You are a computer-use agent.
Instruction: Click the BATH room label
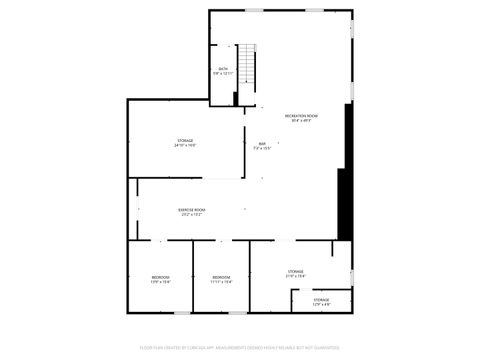222,68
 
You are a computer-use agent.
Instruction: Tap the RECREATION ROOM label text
301,117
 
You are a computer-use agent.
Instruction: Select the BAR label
262,144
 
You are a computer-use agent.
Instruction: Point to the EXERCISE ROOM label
191,209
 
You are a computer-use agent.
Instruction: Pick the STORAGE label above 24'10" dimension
185,140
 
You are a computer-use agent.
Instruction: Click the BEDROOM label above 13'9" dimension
161,277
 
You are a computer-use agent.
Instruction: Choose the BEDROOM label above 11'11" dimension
221,277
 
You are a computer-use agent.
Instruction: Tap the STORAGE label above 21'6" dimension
296,271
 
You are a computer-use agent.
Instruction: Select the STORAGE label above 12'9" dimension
321,299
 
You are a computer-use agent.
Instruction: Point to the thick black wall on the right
346,170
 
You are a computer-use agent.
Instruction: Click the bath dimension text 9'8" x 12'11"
222,73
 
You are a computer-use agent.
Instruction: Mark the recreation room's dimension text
301,122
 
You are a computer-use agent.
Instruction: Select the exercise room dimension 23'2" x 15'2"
191,214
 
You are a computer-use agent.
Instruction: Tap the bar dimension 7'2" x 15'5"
262,149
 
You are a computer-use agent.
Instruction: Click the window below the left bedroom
161,312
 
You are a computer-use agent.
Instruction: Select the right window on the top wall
314,11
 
